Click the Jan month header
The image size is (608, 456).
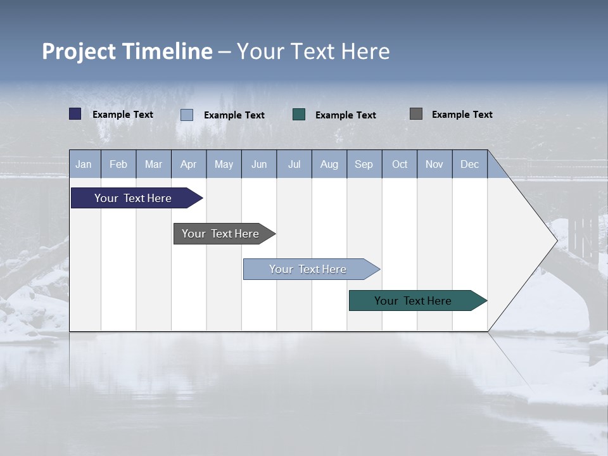tap(84, 165)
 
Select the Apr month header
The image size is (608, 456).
tap(189, 165)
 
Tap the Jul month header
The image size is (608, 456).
tap(294, 165)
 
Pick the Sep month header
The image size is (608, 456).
tap(364, 165)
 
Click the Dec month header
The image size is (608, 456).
tap(469, 165)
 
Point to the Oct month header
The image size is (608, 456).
tap(400, 165)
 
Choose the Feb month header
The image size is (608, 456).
tap(118, 165)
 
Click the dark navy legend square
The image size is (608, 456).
tap(75, 114)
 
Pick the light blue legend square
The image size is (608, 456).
tap(187, 115)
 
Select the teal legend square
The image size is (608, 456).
tap(299, 115)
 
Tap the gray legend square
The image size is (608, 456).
tap(416, 114)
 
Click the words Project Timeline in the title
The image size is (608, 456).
tap(127, 51)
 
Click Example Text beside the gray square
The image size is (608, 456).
tap(462, 115)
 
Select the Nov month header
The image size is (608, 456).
tap(434, 165)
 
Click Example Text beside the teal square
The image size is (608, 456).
tap(345, 115)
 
